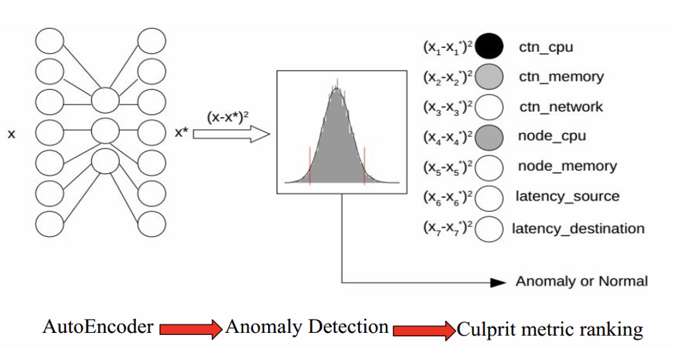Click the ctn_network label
click(561, 107)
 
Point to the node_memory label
click(567, 166)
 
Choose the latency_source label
click(567, 196)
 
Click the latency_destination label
click(578, 228)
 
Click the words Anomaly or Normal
click(581, 281)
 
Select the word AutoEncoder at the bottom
click(98, 326)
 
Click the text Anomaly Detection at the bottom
click(307, 326)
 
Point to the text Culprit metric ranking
click(550, 328)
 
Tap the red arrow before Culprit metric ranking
click(424, 329)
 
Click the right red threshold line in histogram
click(365, 165)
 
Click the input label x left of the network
click(11, 135)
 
